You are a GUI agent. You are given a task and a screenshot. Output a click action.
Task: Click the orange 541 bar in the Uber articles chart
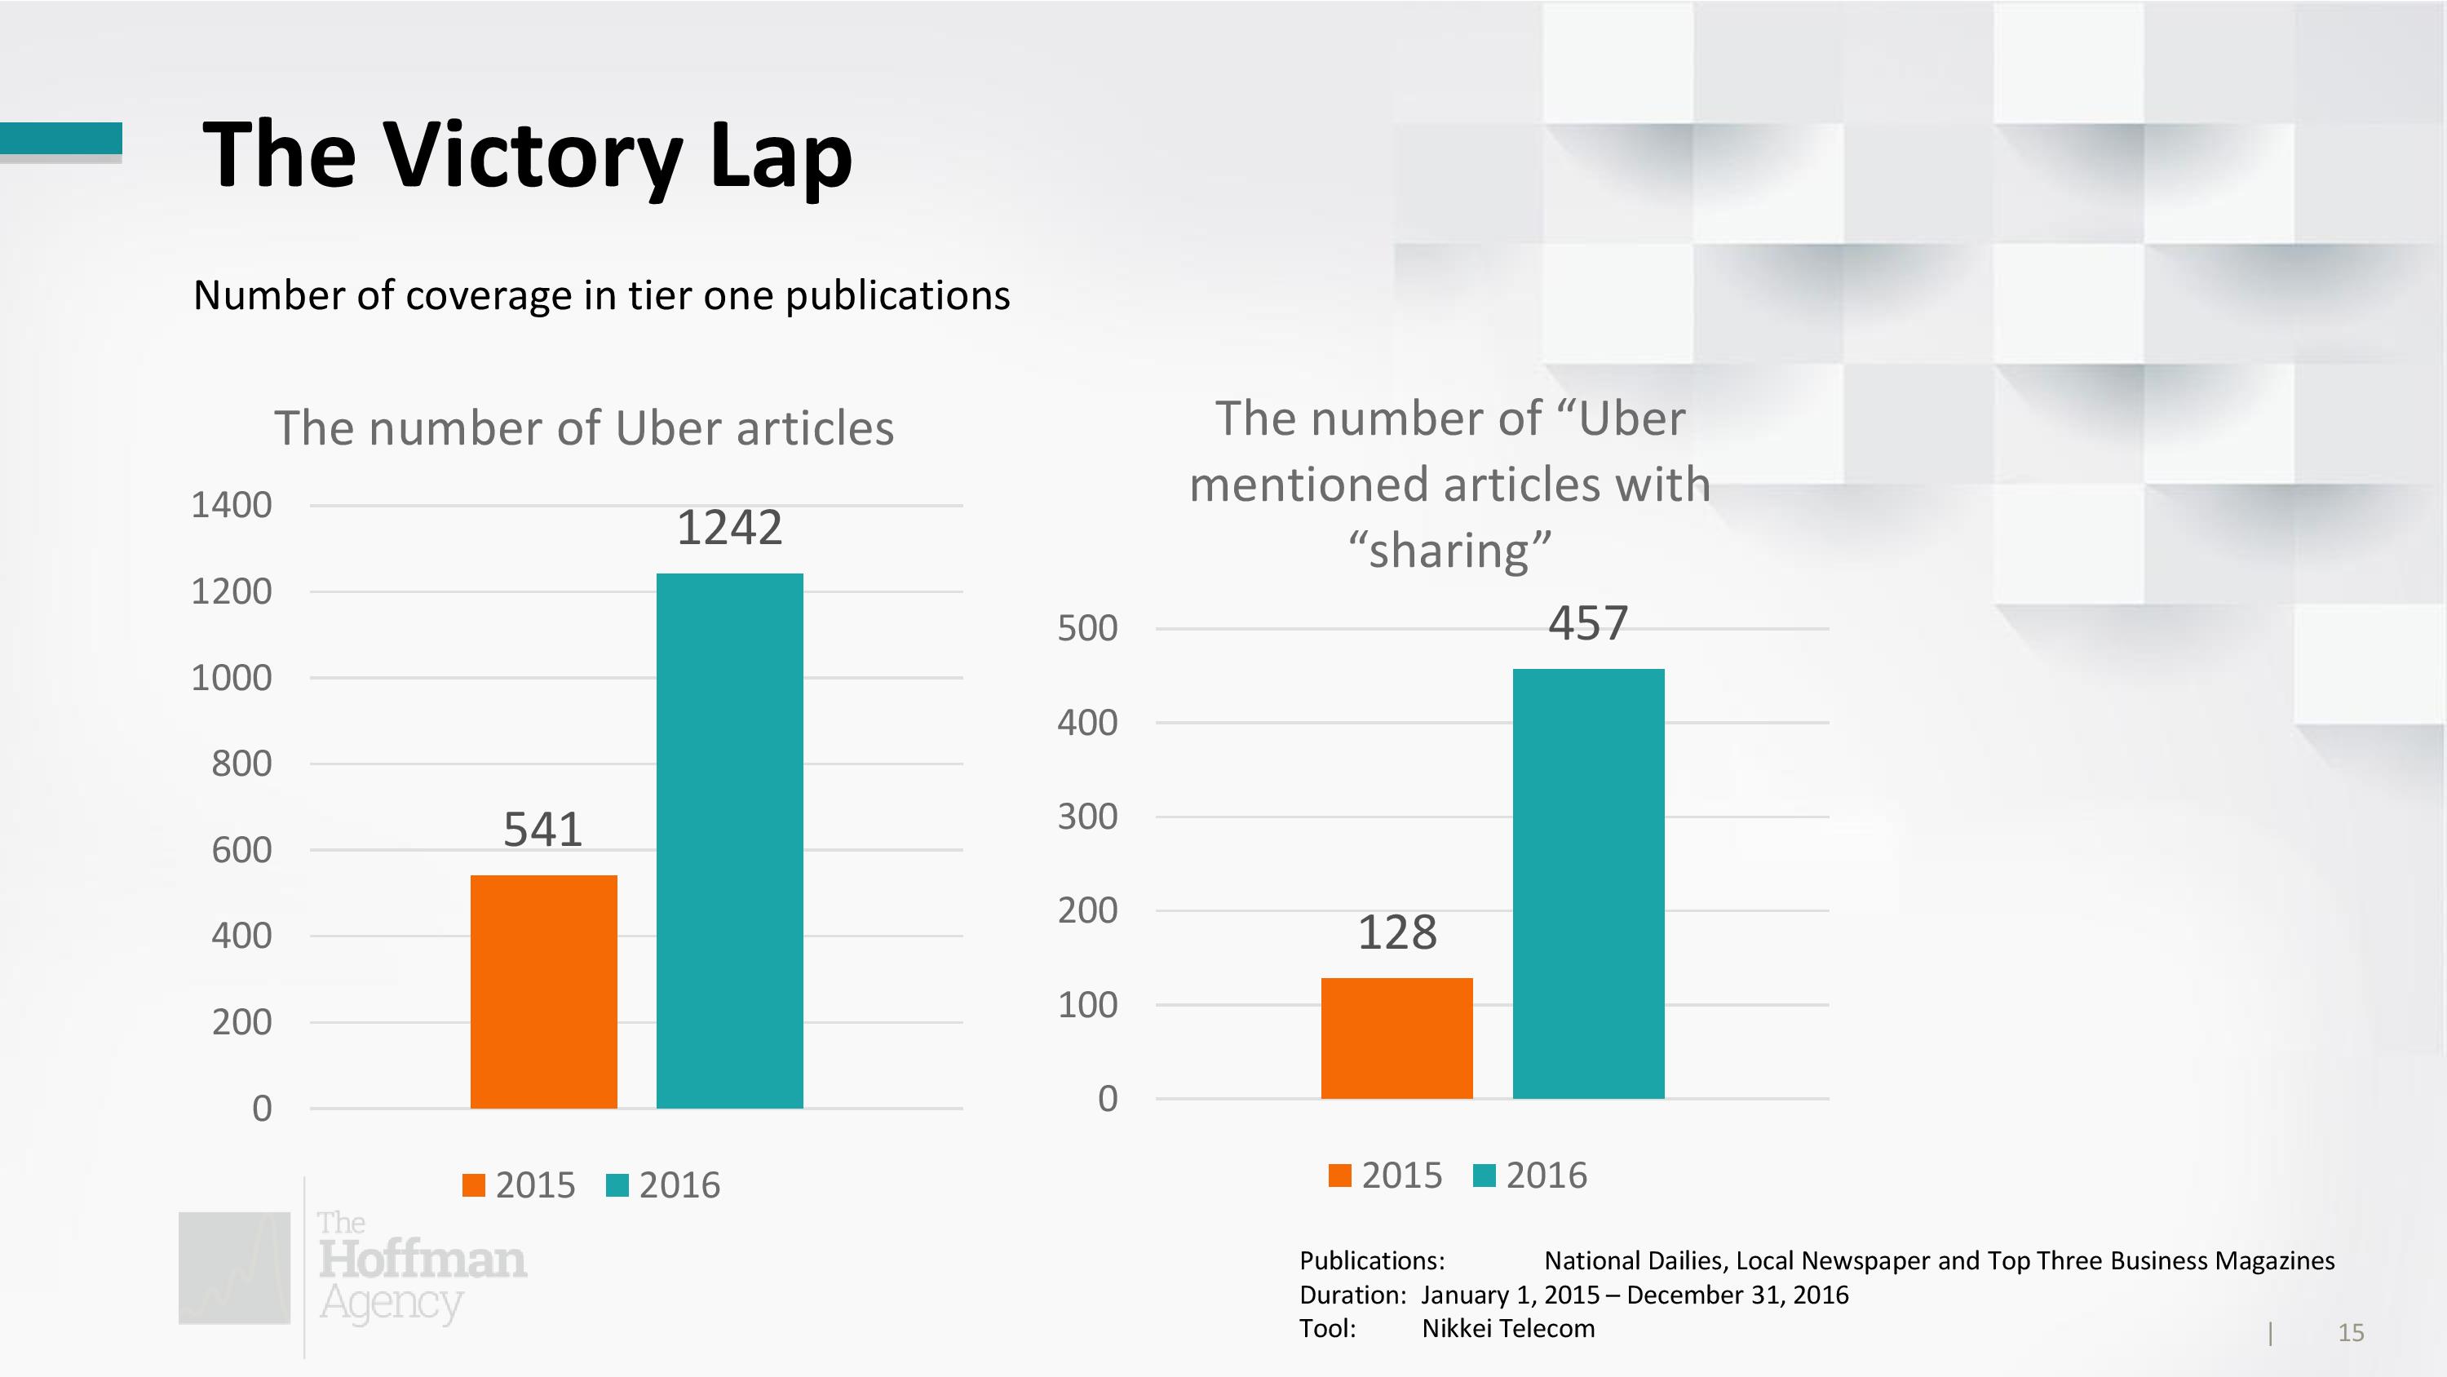543,990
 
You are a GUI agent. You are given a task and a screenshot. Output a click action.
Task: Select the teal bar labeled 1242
729,840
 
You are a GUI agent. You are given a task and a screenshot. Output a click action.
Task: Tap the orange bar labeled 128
1396,1038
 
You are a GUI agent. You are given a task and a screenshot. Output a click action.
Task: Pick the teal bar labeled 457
1588,883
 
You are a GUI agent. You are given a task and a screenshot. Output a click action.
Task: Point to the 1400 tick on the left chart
232,505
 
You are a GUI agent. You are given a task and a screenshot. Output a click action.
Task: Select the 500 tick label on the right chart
1087,628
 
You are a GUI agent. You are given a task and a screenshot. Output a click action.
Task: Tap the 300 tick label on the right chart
1087,817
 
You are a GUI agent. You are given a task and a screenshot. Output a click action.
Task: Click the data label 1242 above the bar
729,528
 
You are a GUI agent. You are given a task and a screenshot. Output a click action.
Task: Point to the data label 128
1396,932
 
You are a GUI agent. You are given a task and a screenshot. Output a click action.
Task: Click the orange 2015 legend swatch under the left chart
473,1185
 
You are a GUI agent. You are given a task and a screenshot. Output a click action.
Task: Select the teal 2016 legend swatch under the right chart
1484,1176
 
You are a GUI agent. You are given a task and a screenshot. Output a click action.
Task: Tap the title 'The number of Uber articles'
584,427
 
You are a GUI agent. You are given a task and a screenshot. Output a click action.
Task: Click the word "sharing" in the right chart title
1449,551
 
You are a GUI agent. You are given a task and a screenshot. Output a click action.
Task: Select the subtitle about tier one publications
601,295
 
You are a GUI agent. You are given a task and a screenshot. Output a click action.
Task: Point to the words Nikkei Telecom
1507,1329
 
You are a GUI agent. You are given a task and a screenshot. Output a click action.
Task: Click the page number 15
2350,1332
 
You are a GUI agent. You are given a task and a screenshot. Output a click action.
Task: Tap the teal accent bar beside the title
61,138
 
